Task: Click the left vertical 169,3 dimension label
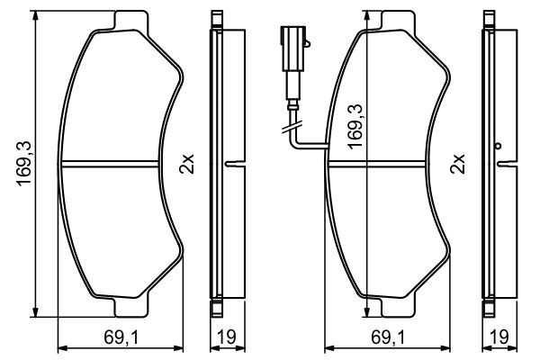click(x=24, y=165)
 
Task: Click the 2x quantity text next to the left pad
click(x=186, y=166)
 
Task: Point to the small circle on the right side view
click(x=496, y=146)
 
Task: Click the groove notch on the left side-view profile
click(x=230, y=164)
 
